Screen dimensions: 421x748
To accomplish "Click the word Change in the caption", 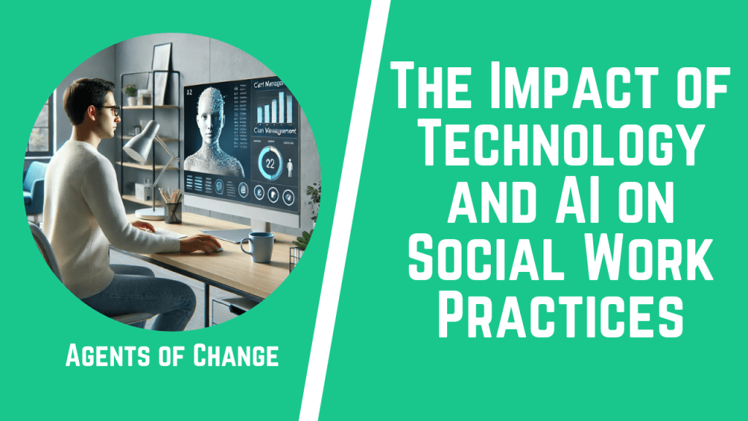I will click(237, 357).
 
